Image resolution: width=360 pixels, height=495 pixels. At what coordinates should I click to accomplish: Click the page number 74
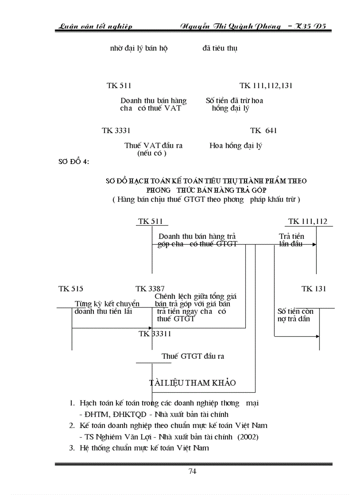pos(192,471)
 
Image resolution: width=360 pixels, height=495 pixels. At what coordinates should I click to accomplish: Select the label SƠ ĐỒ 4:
pos(74,161)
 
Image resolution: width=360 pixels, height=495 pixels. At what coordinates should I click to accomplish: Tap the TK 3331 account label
pos(116,130)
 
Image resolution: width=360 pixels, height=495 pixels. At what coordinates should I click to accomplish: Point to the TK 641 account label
pos(263,130)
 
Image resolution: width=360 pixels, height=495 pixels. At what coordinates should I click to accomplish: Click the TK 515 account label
pos(71,289)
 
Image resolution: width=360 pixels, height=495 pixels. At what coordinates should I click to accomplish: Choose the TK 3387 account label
pos(150,289)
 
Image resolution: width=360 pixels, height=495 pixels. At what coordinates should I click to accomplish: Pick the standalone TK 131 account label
pos(314,289)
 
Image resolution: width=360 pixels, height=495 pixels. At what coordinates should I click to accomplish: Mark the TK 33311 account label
pos(155,334)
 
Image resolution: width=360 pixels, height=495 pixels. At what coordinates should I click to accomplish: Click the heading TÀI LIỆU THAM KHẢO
pos(195,383)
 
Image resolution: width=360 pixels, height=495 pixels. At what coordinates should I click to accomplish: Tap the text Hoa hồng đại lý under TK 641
pos(236,146)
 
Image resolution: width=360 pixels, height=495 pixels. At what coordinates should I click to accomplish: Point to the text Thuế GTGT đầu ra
pos(193,356)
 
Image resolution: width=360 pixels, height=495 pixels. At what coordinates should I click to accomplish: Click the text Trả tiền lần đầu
pos(291,240)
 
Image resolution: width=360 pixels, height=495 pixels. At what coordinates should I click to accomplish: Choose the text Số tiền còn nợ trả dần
pos(295,315)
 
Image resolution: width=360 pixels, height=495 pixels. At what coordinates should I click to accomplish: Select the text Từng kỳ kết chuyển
pos(107,304)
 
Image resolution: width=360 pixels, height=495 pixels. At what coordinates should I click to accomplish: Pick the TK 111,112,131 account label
pos(266,86)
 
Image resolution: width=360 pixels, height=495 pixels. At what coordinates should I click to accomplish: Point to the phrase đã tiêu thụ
pos(220,48)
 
